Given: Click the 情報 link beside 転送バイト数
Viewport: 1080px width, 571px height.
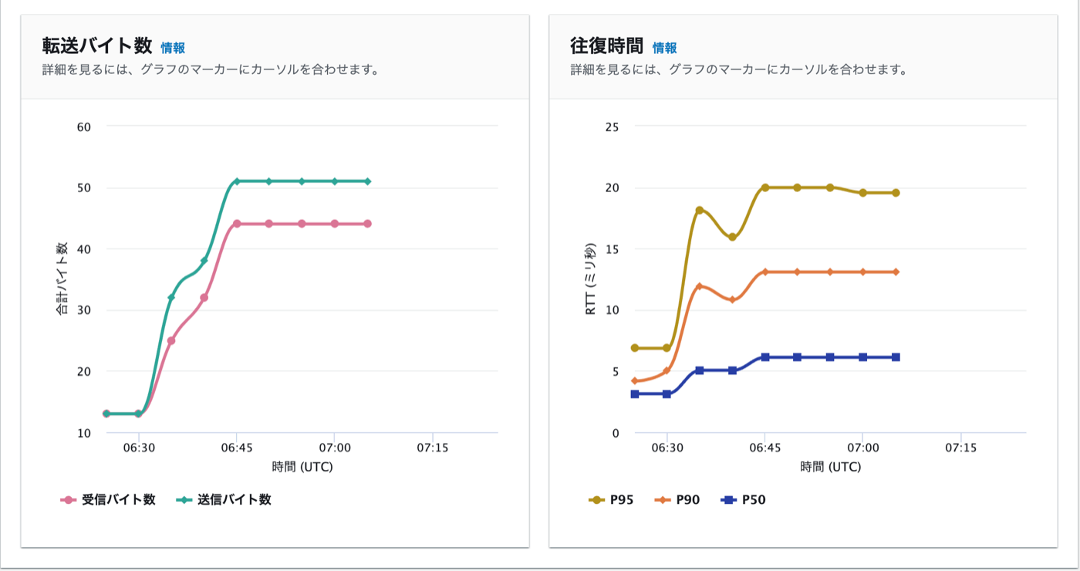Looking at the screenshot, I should pyautogui.click(x=173, y=48).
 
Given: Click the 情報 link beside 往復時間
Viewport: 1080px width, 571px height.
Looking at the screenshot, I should pyautogui.click(x=664, y=48).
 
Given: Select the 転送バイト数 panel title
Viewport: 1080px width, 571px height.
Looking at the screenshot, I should pyautogui.click(x=97, y=46).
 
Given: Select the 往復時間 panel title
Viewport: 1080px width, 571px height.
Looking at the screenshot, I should pyautogui.click(x=607, y=46).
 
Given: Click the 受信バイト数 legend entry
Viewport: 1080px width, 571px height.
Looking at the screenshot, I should pyautogui.click(x=109, y=499).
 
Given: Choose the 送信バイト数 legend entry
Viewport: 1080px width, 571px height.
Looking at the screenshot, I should pyautogui.click(x=224, y=499).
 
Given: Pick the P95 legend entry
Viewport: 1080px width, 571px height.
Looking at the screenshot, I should pyautogui.click(x=612, y=499).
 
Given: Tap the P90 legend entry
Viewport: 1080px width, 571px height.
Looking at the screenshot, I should pyautogui.click(x=678, y=499).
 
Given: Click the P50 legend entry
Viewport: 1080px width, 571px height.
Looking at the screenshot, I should pyautogui.click(x=744, y=499).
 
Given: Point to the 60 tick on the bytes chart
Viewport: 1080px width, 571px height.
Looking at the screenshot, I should pyautogui.click(x=84, y=127).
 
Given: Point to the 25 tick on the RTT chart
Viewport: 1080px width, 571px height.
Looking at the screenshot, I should pyautogui.click(x=612, y=127).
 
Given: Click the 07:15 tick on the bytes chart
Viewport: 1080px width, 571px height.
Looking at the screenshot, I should pyautogui.click(x=432, y=448).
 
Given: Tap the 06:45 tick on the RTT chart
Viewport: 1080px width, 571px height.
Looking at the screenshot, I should pyautogui.click(x=764, y=448).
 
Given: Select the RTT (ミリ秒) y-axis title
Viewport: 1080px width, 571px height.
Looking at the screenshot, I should pyautogui.click(x=590, y=279).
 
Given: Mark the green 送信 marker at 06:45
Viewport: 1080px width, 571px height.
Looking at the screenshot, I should pyautogui.click(x=237, y=181).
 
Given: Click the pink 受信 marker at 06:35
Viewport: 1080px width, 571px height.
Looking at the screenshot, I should pyautogui.click(x=171, y=340).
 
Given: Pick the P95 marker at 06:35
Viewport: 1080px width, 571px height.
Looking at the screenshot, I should pyautogui.click(x=700, y=210).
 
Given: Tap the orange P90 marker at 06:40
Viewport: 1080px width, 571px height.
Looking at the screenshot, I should pyautogui.click(x=732, y=299).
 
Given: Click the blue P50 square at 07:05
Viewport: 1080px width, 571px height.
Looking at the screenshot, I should pyautogui.click(x=896, y=356).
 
